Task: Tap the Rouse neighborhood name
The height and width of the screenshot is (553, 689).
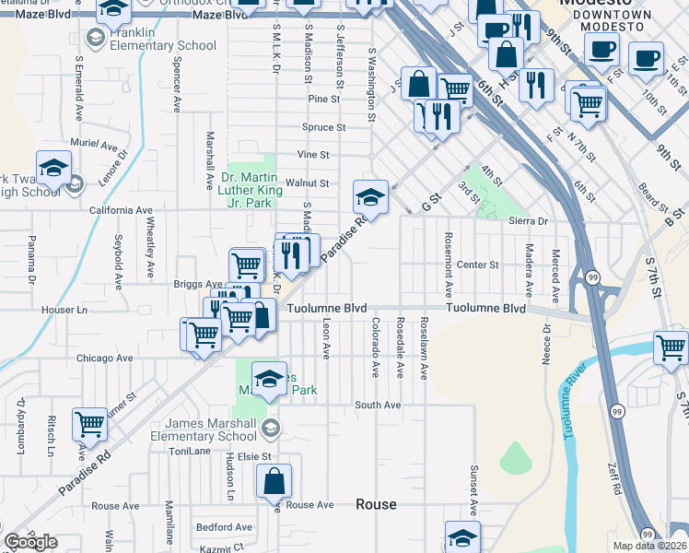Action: pos(376,504)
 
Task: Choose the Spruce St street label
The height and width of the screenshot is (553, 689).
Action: pos(323,127)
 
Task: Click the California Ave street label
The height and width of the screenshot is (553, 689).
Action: pos(119,210)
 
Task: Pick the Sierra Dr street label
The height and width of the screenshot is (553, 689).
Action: pos(528,221)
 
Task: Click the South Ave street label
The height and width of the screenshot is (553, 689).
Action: pos(378,405)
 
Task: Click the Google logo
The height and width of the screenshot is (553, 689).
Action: pos(30,542)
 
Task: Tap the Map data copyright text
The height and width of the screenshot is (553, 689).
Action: pos(649,546)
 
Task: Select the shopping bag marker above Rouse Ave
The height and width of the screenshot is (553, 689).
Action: pos(274,482)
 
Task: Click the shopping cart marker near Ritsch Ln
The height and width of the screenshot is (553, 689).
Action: pos(90,426)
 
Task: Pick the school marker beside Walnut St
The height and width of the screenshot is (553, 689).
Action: pos(370,196)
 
